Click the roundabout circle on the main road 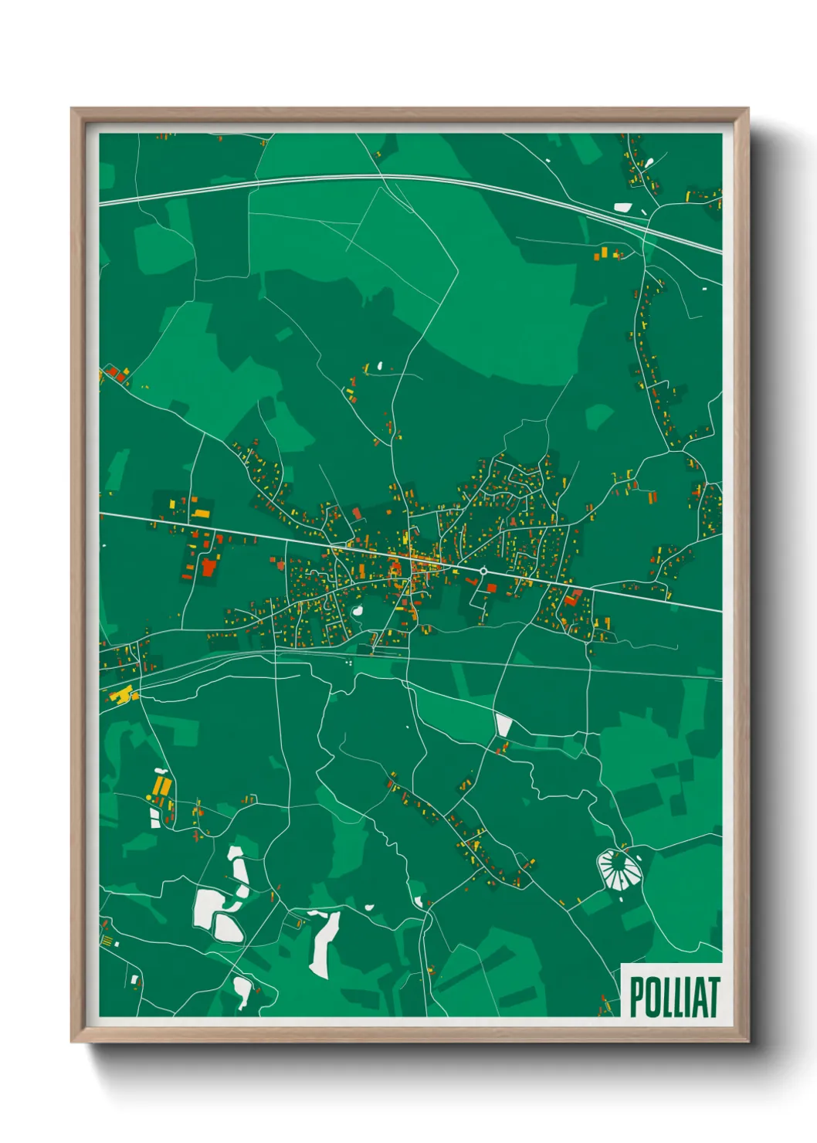483,571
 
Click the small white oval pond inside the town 358,612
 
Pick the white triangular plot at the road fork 503,725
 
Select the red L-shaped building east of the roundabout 572,597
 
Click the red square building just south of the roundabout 490,588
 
